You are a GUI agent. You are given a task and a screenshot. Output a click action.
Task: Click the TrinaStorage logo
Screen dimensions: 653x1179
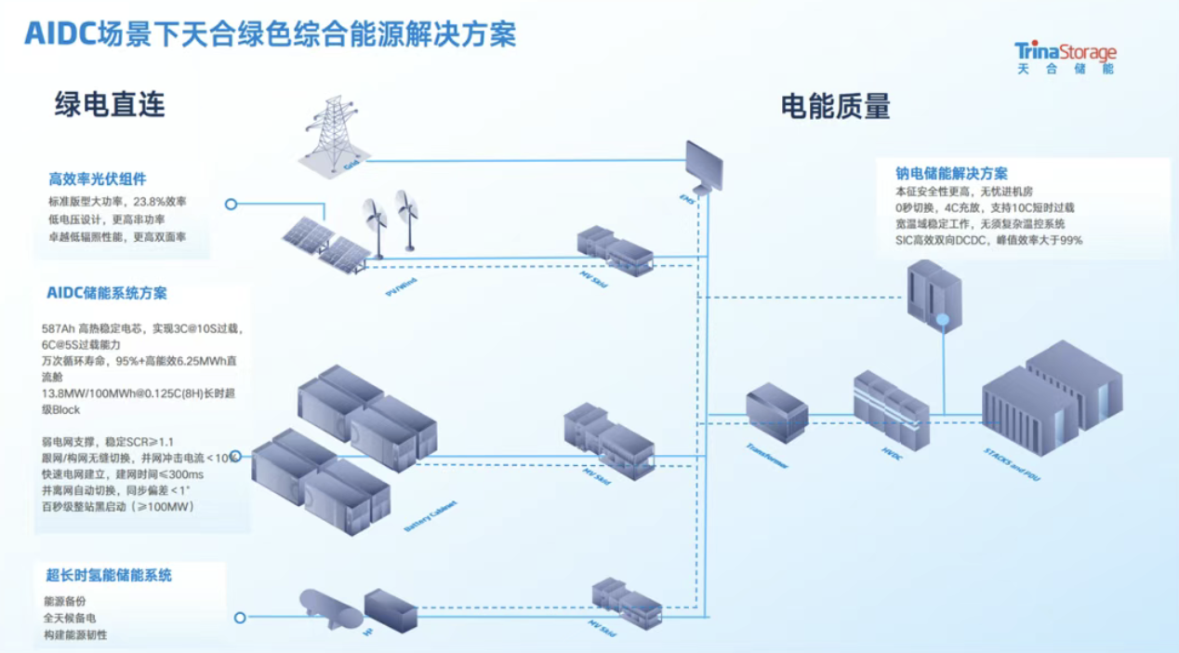(1065, 57)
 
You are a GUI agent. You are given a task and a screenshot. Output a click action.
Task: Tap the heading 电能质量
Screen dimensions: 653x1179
(835, 106)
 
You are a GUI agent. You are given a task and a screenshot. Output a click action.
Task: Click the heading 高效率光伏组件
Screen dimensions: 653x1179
(98, 179)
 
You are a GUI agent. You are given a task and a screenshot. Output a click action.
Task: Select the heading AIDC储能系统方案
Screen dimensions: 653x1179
(107, 293)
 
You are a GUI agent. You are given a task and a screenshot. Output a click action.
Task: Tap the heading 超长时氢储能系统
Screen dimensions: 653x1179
(109, 576)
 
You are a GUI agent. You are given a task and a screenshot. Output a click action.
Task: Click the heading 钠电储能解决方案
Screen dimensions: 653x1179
(951, 174)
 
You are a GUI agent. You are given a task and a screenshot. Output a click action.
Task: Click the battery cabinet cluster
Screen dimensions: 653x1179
(344, 446)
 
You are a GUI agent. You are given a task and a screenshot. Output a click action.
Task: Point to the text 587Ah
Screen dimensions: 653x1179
(58, 328)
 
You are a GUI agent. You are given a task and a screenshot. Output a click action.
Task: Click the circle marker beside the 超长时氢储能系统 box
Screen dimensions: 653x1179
(241, 616)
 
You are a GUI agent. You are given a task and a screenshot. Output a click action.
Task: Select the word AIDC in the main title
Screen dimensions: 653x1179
(60, 34)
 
